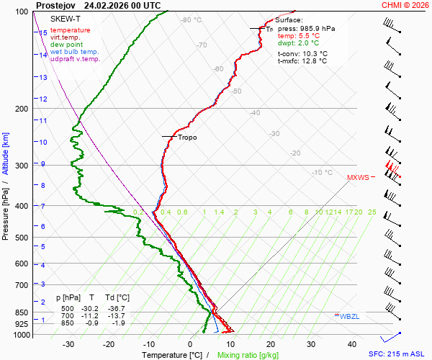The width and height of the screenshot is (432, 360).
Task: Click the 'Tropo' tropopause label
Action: (x=187, y=137)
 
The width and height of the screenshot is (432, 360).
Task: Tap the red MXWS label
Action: (x=358, y=177)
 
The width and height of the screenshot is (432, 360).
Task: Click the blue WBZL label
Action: (x=349, y=316)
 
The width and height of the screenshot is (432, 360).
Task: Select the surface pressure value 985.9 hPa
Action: (x=316, y=29)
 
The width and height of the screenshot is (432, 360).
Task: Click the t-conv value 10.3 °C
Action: (x=312, y=54)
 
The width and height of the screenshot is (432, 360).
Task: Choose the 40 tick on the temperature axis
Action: (x=352, y=344)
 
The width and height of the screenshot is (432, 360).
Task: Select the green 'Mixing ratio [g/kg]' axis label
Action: (x=248, y=355)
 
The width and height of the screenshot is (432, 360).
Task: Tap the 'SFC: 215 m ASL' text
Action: (x=398, y=354)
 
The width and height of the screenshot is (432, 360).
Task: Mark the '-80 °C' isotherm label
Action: (x=192, y=20)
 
